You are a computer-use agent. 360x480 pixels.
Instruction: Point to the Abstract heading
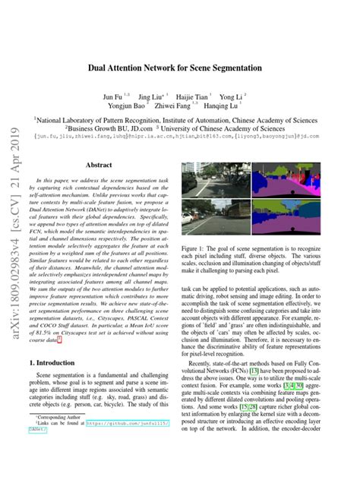[99, 165]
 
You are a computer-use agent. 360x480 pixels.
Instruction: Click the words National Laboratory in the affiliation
[68, 119]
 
